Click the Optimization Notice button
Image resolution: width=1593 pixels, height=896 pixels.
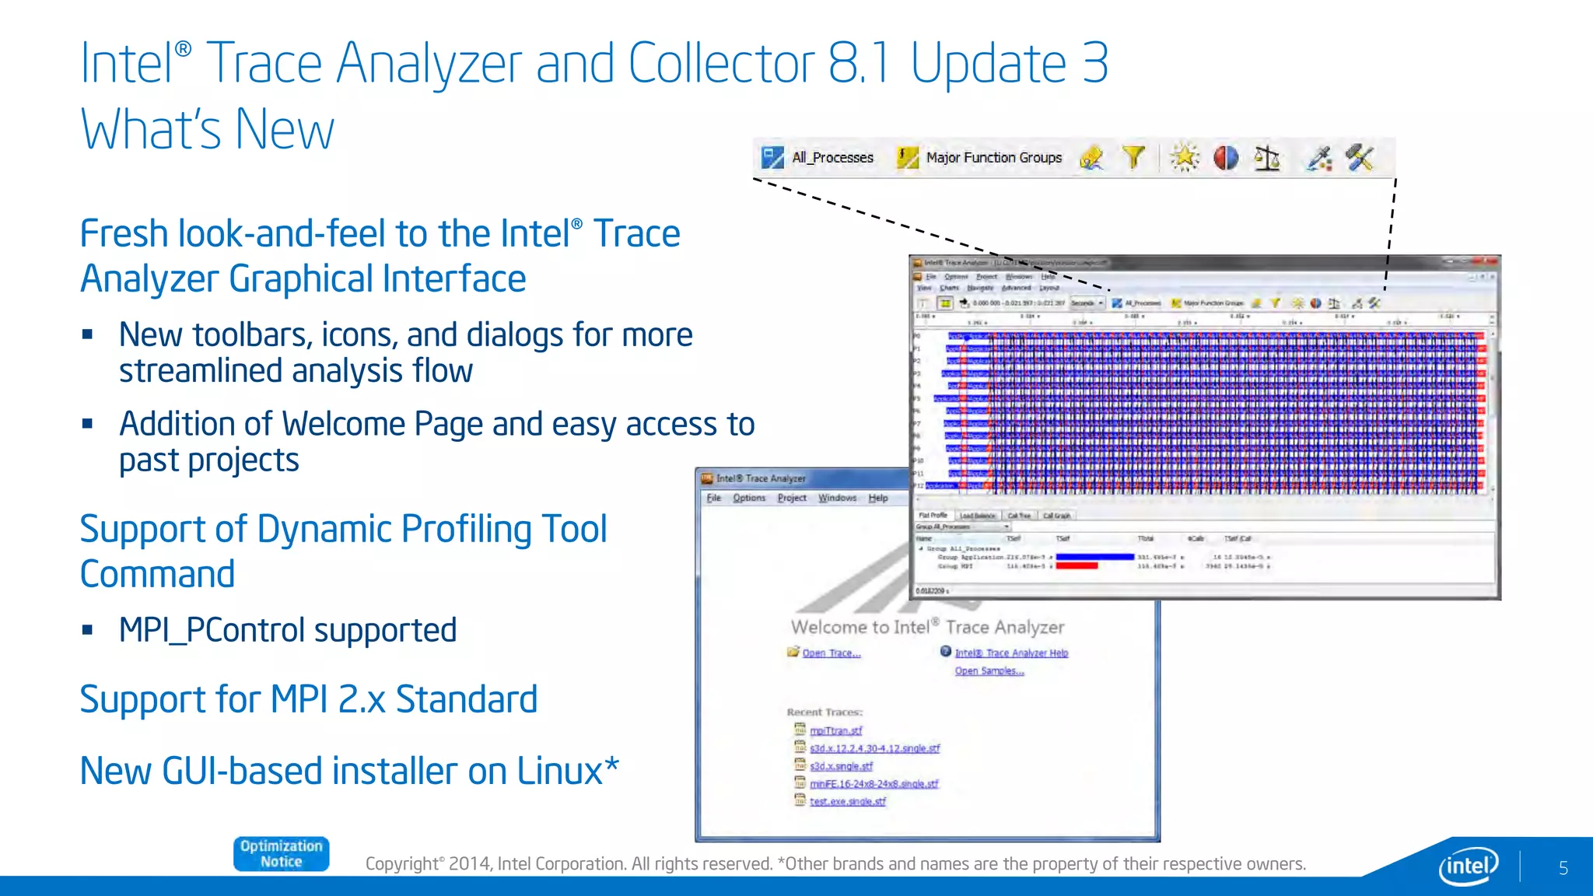tap(281, 854)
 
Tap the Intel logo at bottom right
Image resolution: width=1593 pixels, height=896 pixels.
tap(1469, 866)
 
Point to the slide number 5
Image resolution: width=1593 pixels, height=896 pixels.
tap(1563, 868)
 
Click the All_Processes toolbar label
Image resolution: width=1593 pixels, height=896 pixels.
tap(832, 158)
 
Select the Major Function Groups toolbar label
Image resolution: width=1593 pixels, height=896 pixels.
tap(993, 158)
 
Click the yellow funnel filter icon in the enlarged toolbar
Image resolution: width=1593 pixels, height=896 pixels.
tap(1134, 158)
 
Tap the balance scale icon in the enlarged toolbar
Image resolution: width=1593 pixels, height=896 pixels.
tap(1266, 158)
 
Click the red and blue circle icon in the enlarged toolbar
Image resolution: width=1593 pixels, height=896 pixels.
tap(1226, 158)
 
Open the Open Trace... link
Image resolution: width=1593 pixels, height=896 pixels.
tap(831, 653)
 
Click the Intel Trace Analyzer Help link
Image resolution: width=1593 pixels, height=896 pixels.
tap(1011, 653)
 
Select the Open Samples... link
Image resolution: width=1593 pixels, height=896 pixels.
tap(989, 671)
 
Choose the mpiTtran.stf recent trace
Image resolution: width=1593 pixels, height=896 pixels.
tap(835, 731)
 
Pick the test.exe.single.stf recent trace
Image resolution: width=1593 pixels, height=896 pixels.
tap(847, 802)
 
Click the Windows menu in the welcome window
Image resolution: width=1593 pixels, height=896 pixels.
tap(837, 499)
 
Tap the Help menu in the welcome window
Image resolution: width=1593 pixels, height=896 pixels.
tap(878, 499)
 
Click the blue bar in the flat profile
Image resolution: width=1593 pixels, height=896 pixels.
tap(1094, 557)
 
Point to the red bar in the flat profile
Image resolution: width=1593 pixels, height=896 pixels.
tap(1077, 566)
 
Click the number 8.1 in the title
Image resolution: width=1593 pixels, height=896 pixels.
tap(858, 64)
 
